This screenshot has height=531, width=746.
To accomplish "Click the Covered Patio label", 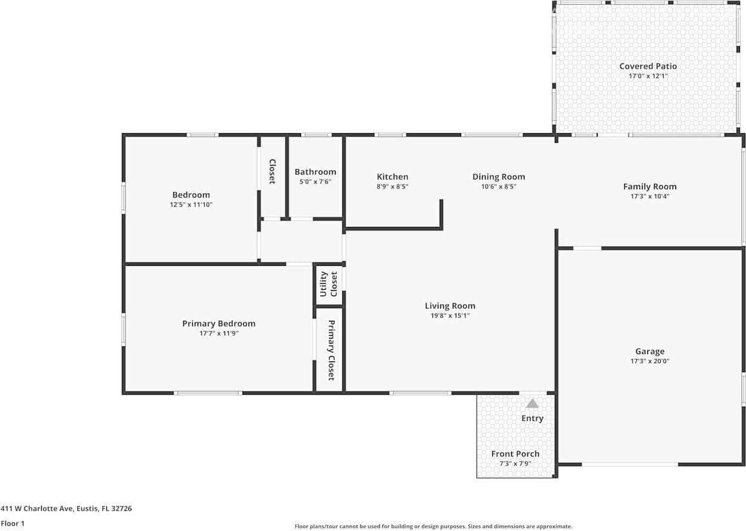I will (x=648, y=66).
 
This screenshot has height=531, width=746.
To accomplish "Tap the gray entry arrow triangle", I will (x=532, y=404).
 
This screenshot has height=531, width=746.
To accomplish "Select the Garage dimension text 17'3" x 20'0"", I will (x=650, y=361).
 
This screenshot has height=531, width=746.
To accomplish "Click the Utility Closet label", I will (x=329, y=284).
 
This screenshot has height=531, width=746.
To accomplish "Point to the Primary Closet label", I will (x=331, y=350).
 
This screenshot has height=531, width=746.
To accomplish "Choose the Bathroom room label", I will (x=315, y=172).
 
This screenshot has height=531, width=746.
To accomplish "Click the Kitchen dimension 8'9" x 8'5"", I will (x=392, y=186).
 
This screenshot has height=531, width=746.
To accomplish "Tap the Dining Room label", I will (x=499, y=177).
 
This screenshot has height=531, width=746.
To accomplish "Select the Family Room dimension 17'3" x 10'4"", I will (x=650, y=196).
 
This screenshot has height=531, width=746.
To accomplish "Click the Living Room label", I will (x=450, y=306).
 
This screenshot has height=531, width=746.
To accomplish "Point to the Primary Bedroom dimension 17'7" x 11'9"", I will (x=219, y=333).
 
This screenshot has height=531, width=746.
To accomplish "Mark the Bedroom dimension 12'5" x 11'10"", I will (x=191, y=204).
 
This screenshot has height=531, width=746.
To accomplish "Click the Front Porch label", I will (x=515, y=454).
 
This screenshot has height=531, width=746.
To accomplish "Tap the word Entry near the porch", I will (x=532, y=418).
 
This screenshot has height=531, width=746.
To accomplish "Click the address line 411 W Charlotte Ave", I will (x=66, y=509).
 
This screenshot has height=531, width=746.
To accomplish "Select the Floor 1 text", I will (x=13, y=523).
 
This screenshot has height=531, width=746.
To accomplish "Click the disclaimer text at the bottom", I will (x=433, y=526).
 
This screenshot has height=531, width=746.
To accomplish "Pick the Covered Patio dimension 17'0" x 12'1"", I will (x=648, y=76).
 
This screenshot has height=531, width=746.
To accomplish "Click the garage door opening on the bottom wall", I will (x=630, y=464).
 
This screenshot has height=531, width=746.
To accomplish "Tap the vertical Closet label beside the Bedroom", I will (x=272, y=171).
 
